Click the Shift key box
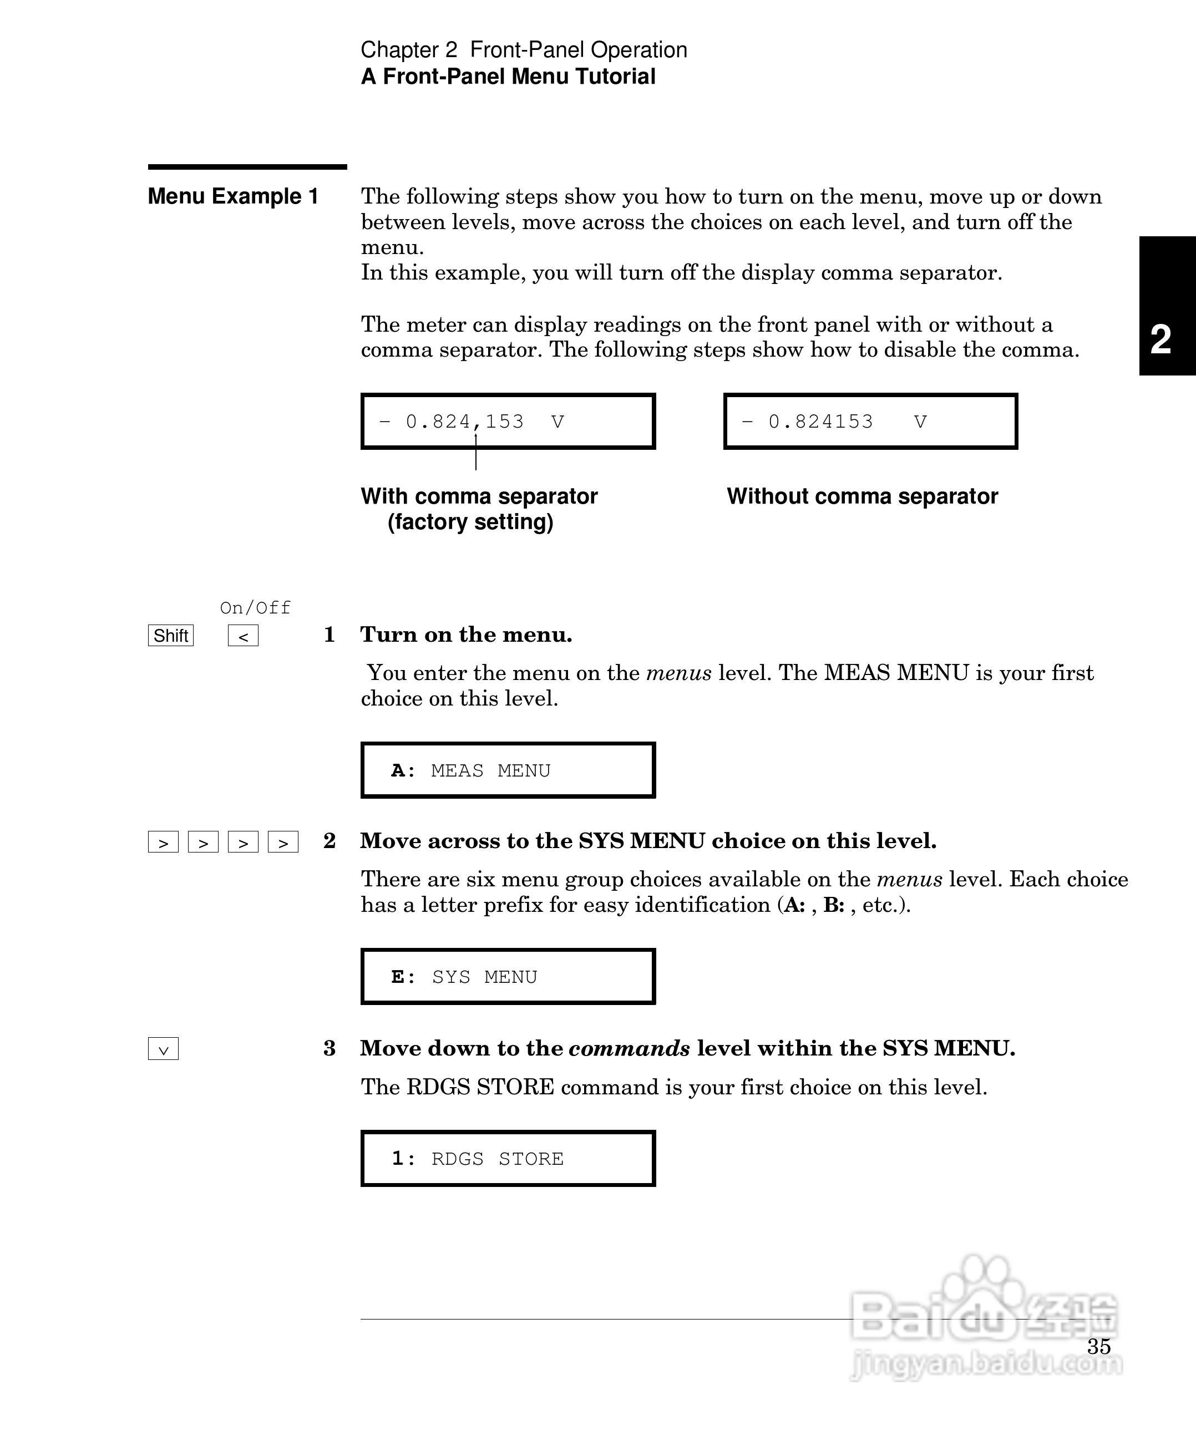click(x=170, y=636)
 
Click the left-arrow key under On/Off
click(x=242, y=636)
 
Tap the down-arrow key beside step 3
click(x=163, y=1049)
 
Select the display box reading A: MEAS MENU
click(x=508, y=770)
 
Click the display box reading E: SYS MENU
click(x=508, y=977)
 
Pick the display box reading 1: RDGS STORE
click(x=508, y=1159)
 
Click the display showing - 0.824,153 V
click(x=508, y=421)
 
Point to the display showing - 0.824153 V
click(x=870, y=421)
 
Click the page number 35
click(x=1098, y=1347)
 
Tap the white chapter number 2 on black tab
click(x=1160, y=339)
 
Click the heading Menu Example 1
click(x=233, y=196)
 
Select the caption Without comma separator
click(x=862, y=496)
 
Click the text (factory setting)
click(x=470, y=522)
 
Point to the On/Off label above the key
click(x=255, y=607)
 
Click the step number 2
click(x=329, y=841)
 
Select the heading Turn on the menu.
click(x=466, y=635)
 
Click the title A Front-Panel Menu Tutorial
click(x=508, y=77)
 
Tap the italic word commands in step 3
click(x=629, y=1048)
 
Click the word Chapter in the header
click(x=399, y=50)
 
